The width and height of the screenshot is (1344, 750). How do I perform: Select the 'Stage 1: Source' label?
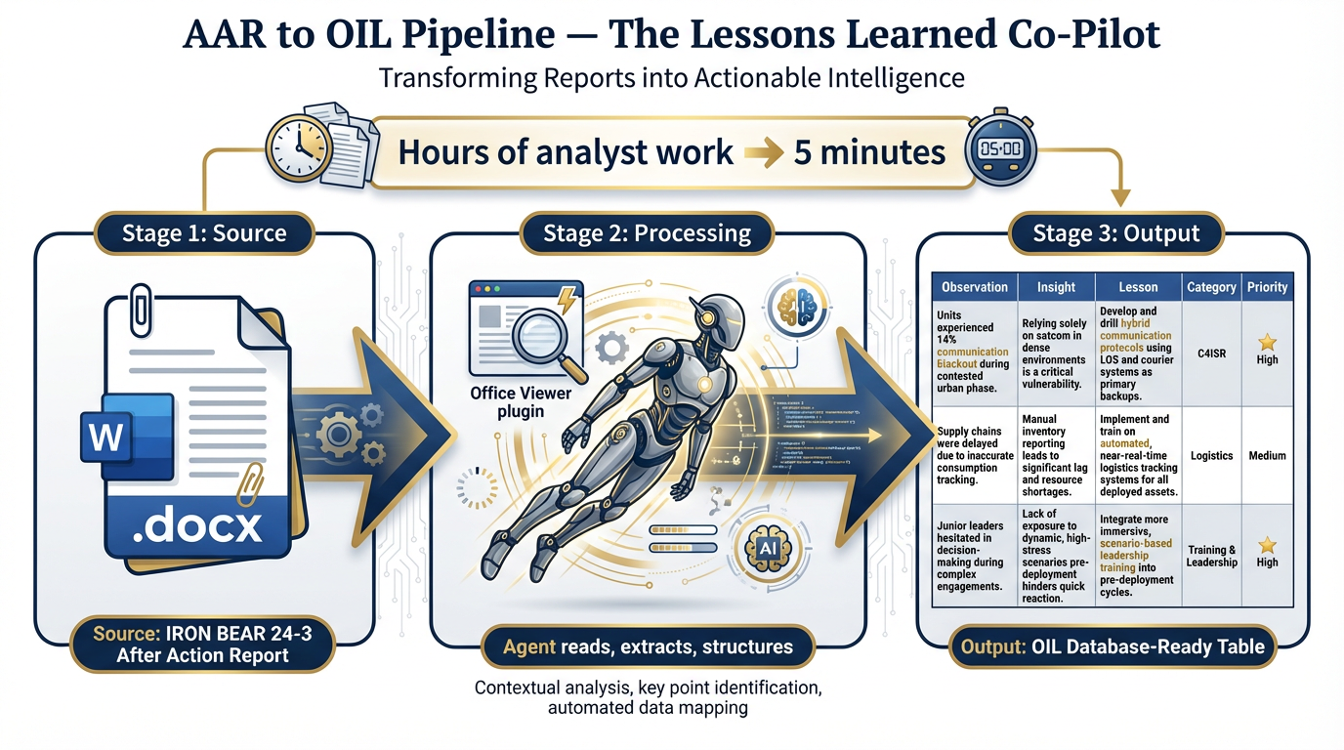pos(204,233)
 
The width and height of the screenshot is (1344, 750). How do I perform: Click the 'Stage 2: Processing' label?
pos(647,234)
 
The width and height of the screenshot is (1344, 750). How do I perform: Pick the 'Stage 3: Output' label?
pos(1116,233)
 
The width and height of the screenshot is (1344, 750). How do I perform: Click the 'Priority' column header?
pos(1267,287)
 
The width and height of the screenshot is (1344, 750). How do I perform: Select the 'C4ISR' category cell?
pos(1211,351)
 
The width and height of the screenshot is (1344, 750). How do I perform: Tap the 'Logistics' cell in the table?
pos(1211,455)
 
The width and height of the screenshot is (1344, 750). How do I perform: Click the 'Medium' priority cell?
pos(1267,455)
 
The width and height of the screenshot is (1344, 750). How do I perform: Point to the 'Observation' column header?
pos(974,287)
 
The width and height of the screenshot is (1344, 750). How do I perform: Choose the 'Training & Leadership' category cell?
pos(1211,556)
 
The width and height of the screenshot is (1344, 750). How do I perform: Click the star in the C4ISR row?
pos(1267,342)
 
